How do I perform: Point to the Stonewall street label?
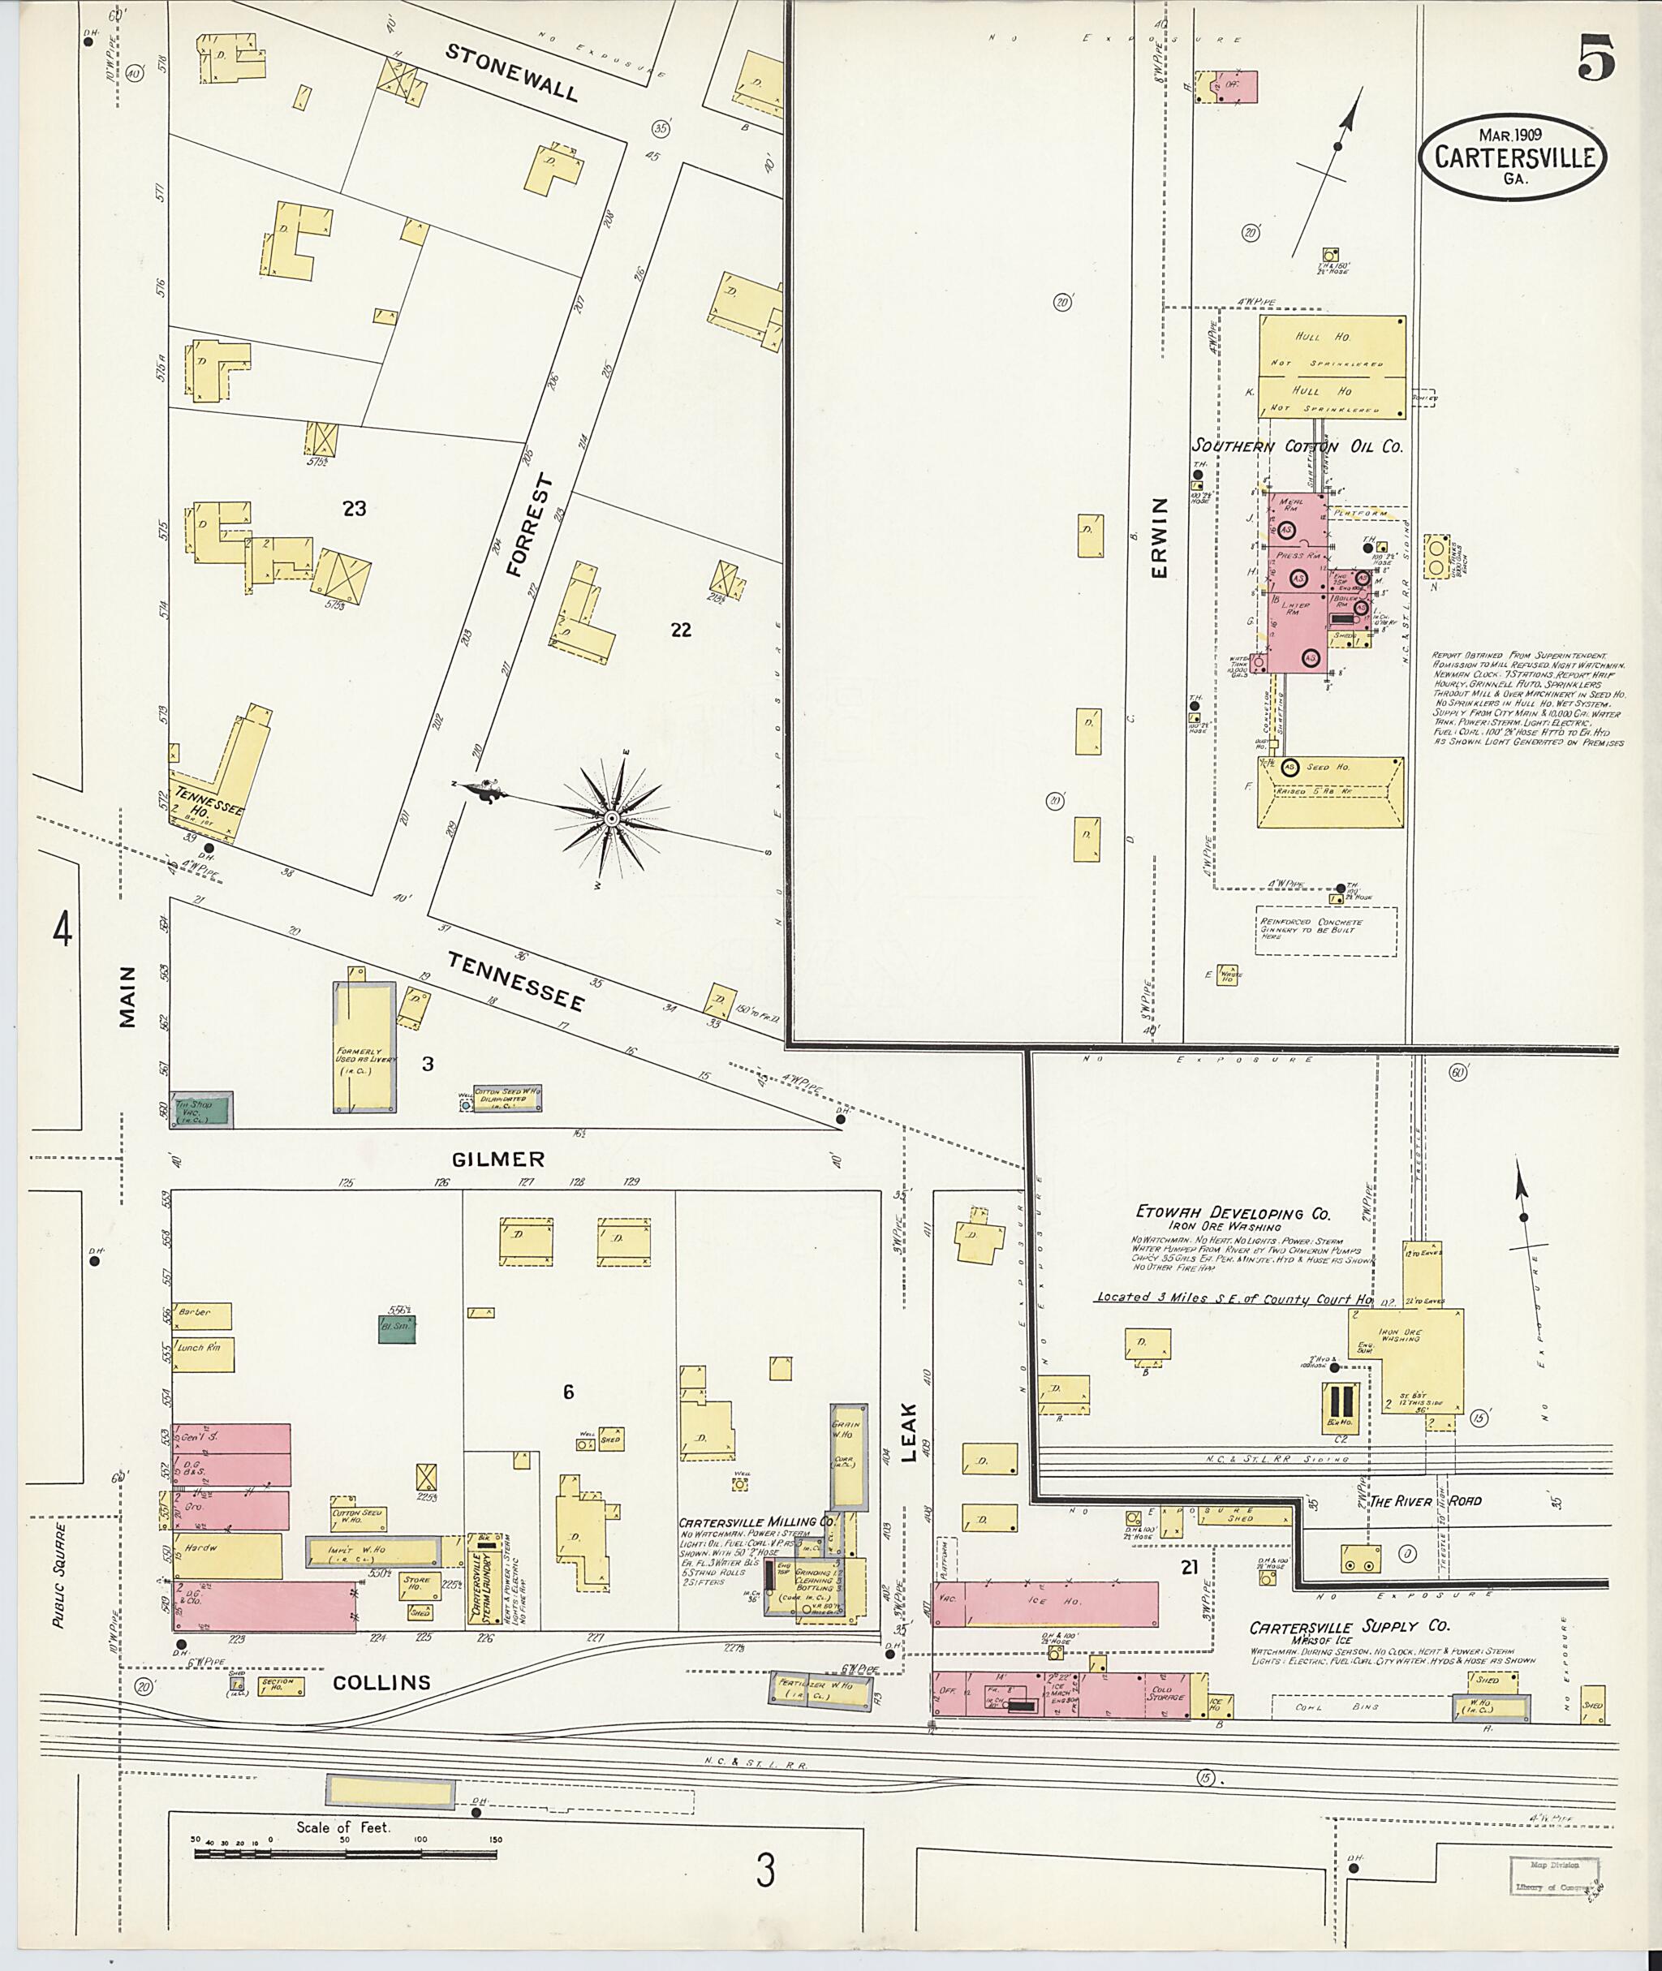pyautogui.click(x=511, y=72)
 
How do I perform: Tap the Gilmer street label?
pyautogui.click(x=497, y=1159)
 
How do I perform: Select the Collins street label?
pyautogui.click(x=381, y=1682)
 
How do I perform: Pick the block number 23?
pyautogui.click(x=355, y=509)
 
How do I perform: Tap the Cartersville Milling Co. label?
pyautogui.click(x=756, y=1548)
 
